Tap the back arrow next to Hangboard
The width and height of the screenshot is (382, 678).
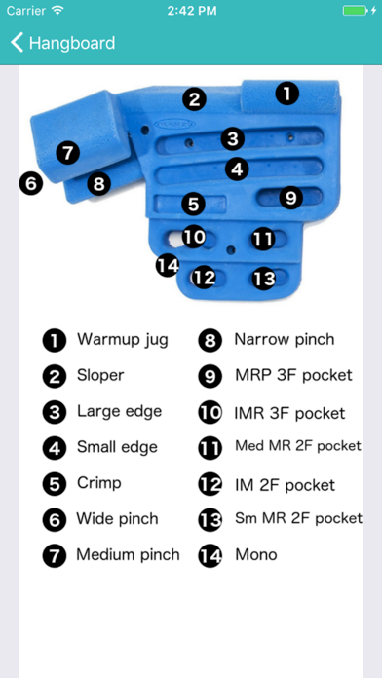click(x=17, y=43)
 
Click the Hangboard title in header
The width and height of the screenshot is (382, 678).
click(x=71, y=43)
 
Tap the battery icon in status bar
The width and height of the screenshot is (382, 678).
click(x=356, y=10)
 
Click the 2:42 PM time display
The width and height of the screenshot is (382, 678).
click(x=191, y=10)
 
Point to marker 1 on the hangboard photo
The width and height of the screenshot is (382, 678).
click(x=286, y=94)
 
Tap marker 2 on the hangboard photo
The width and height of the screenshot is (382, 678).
click(x=195, y=98)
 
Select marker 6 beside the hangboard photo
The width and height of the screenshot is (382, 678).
click(x=31, y=182)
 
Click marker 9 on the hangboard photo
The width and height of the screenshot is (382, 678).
click(x=290, y=198)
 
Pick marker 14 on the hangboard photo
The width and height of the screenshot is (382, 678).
click(x=169, y=264)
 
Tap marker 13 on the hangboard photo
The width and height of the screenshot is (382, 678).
click(x=264, y=278)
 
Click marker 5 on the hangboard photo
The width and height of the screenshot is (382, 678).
click(x=194, y=205)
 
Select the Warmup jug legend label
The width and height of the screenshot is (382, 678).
click(x=122, y=340)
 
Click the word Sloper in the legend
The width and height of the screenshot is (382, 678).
click(x=100, y=375)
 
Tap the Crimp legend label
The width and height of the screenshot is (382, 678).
click(x=98, y=483)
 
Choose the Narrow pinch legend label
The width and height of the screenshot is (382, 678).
click(x=284, y=340)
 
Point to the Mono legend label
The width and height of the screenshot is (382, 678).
click(x=255, y=554)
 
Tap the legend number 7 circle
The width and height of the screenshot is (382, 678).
click(x=54, y=555)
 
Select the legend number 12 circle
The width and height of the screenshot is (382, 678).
click(x=210, y=484)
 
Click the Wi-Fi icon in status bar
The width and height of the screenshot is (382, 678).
click(x=57, y=10)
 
